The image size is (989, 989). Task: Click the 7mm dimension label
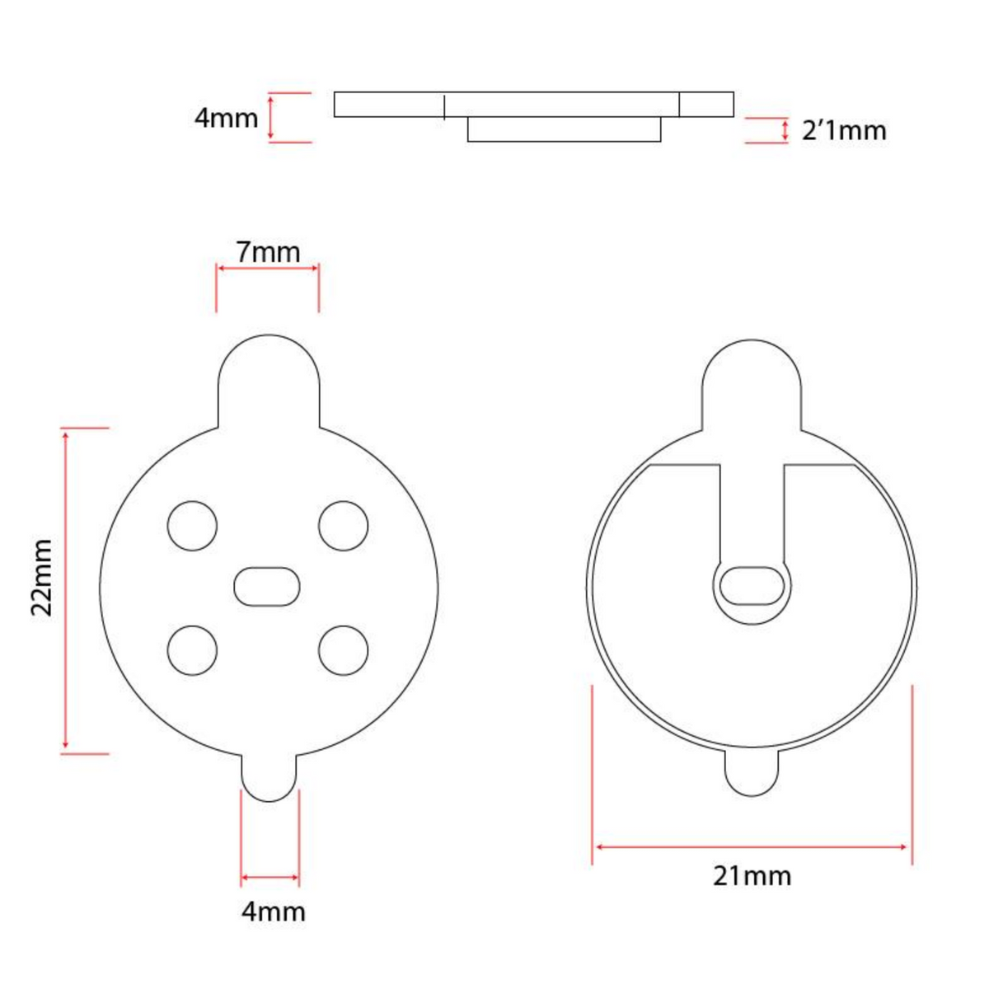pyautogui.click(x=268, y=251)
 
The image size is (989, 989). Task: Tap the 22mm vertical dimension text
pyautogui.click(x=41, y=578)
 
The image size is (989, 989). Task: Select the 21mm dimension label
pyautogui.click(x=752, y=875)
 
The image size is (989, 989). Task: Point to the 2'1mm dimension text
pyautogui.click(x=844, y=131)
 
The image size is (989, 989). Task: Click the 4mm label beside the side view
pyautogui.click(x=226, y=118)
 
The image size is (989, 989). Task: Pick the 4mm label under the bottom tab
pyautogui.click(x=273, y=912)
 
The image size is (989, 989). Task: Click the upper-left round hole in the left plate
pyautogui.click(x=192, y=525)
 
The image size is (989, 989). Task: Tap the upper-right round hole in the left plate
pyautogui.click(x=343, y=525)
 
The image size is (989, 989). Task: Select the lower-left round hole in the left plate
pyautogui.click(x=192, y=650)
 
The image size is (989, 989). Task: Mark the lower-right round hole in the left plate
pyautogui.click(x=343, y=650)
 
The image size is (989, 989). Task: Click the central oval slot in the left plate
pyautogui.click(x=267, y=586)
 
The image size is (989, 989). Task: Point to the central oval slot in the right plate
pyautogui.click(x=752, y=585)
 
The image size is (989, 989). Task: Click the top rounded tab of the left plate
pyautogui.click(x=268, y=379)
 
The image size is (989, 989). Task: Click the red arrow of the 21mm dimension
pyautogui.click(x=752, y=846)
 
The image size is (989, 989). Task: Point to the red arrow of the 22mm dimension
pyautogui.click(x=65, y=590)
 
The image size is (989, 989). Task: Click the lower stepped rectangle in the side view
pyautogui.click(x=564, y=129)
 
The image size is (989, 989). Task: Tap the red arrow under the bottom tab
pyautogui.click(x=270, y=877)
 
